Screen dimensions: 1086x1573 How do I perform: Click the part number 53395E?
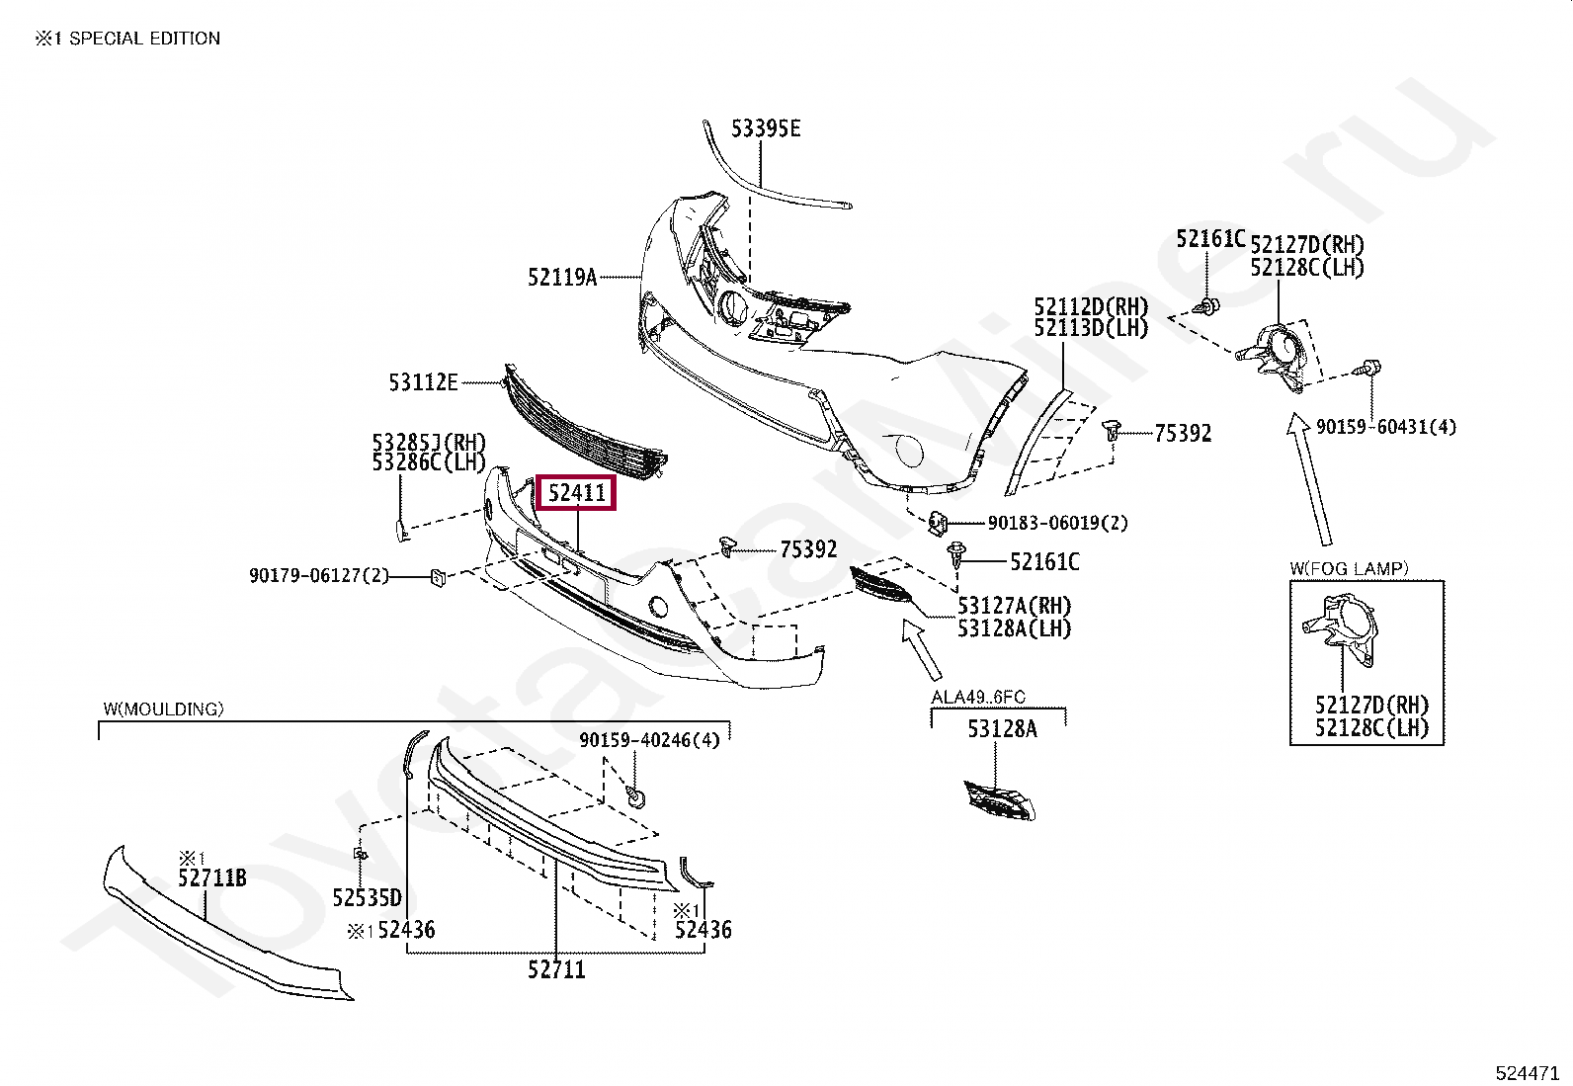pos(766,128)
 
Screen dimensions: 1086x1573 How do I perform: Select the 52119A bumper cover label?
pos(562,278)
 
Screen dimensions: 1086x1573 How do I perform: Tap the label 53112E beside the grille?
pos(423,381)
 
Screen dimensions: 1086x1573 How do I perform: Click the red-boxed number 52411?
pos(576,491)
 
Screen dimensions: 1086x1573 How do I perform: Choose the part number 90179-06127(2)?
pos(319,575)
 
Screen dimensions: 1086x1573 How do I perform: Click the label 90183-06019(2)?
pos(1057,523)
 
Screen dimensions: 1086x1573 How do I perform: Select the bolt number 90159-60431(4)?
pos(1385,427)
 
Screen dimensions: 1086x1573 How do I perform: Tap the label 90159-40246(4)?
pos(649,739)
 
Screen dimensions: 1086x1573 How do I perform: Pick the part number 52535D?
pos(367,897)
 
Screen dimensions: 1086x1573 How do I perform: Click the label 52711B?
pos(211,877)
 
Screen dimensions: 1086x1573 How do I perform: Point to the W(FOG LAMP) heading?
pos(1349,568)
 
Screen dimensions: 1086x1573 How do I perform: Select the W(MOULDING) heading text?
pos(163,709)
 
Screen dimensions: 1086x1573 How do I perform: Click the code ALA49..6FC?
pos(977,698)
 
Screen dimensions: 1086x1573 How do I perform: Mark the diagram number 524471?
pos(1527,1071)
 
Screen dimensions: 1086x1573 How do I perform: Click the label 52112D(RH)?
pos(1091,305)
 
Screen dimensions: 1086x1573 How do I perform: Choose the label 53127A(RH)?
pos(1013,606)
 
